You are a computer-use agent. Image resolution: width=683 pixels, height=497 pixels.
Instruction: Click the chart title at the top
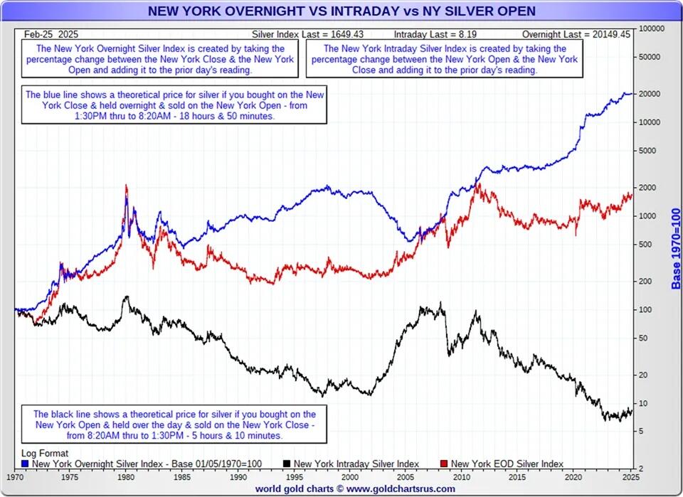(x=341, y=11)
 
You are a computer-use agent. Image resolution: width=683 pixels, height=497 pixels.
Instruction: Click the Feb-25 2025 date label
(x=51, y=33)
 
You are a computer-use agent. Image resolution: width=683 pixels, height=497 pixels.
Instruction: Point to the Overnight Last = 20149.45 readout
(x=576, y=33)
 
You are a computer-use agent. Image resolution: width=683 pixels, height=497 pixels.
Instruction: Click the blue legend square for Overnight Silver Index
(x=25, y=464)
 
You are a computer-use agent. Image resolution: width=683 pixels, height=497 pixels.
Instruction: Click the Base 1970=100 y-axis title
(x=676, y=249)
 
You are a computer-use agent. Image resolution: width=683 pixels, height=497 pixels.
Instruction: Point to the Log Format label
(x=45, y=453)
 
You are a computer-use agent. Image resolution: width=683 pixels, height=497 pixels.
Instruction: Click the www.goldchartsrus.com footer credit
(x=356, y=488)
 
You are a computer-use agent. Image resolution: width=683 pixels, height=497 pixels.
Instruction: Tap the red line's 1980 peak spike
(x=126, y=186)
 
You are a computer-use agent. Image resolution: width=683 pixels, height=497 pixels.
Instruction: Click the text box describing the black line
(x=174, y=424)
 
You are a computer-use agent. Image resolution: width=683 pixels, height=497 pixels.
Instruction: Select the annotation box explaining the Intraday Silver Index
(x=445, y=60)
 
